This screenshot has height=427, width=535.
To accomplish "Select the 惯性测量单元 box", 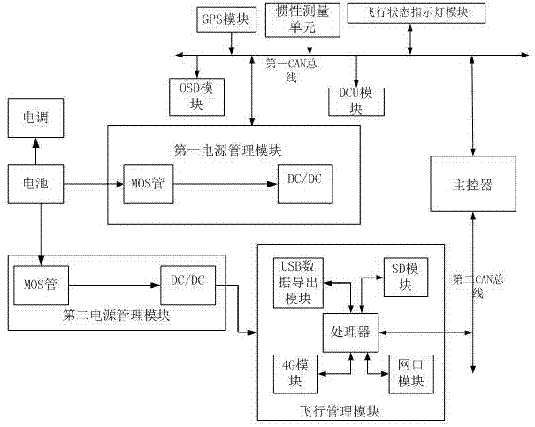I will coord(295,19).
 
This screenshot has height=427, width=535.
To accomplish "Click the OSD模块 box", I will coord(196,94).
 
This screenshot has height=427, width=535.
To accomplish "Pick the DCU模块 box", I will coord(357,99).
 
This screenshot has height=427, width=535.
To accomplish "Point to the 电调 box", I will coord(36,116).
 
